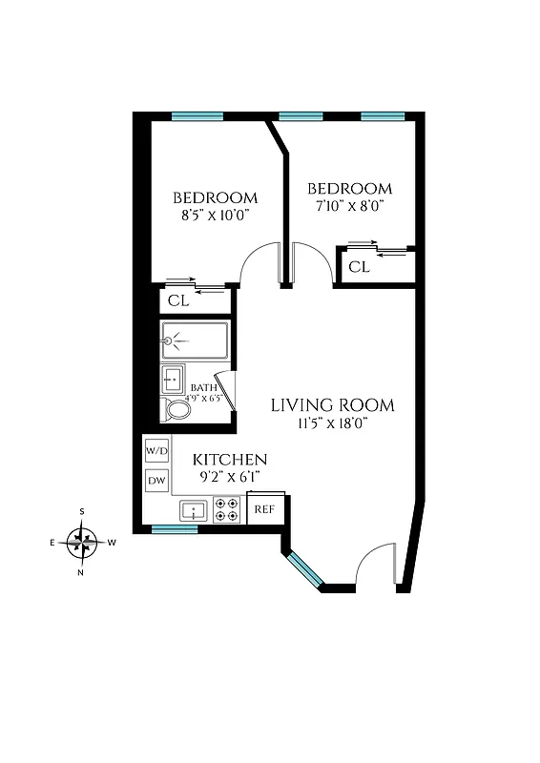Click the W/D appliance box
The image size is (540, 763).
pos(156,449)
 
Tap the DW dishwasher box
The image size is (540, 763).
pos(156,481)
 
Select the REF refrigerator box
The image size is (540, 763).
pos(264,508)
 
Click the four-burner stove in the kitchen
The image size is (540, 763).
pos(227,509)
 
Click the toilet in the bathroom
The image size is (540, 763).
pos(177,409)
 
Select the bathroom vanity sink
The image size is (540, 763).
pos(173,379)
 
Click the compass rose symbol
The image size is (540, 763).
pos(82,543)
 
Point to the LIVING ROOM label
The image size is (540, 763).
pos(332,405)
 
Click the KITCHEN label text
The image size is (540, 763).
pos(230,459)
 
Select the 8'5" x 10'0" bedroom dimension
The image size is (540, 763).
pos(215,216)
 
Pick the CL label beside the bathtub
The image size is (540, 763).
pos(178,300)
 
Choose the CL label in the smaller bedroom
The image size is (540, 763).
pos(358,267)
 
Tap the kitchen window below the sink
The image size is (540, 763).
pos(176,529)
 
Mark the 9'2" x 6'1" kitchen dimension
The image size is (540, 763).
pos(229,475)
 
